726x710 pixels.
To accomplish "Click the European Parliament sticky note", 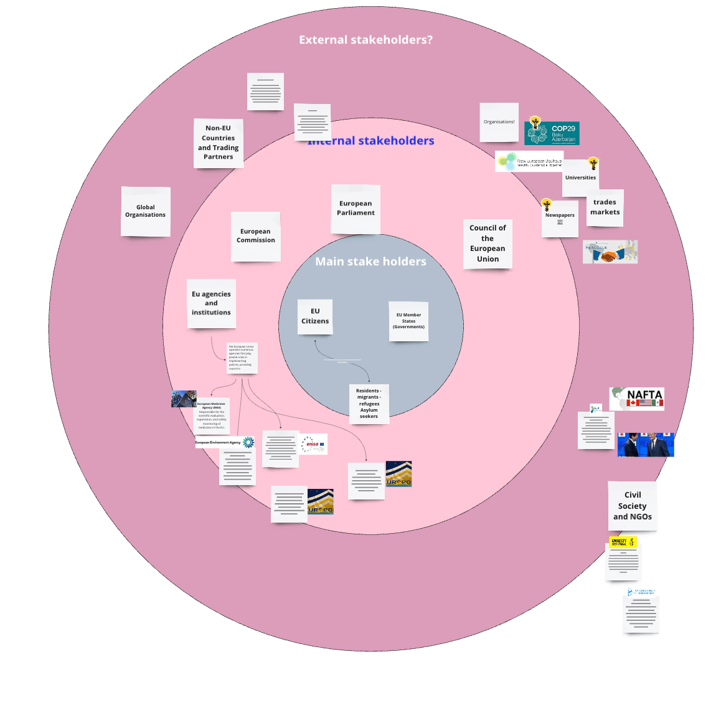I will (x=356, y=209).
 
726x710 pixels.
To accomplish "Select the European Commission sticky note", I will (x=255, y=236).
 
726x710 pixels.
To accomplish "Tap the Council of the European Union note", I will (x=488, y=244).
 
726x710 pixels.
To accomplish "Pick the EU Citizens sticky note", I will (x=315, y=316).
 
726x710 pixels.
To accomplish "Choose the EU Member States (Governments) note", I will (x=408, y=321).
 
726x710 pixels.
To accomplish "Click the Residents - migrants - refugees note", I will (x=369, y=404).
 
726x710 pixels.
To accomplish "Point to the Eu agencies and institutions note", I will (x=211, y=303).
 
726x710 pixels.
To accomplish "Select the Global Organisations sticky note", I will (x=145, y=211).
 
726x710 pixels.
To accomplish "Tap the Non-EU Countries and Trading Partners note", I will (x=218, y=143).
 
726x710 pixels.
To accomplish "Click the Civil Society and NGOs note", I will (x=632, y=506).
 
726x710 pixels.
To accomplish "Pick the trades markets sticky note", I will (x=605, y=207).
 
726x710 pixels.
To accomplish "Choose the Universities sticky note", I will (x=580, y=178).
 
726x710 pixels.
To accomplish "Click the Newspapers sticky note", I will (x=560, y=218).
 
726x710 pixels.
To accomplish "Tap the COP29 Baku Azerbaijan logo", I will (x=552, y=133).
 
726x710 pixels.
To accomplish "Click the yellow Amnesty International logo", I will (x=623, y=542).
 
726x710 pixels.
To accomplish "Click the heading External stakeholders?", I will (x=365, y=40).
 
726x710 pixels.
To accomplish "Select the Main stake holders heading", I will (x=370, y=262).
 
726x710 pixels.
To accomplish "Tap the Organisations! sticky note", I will (x=499, y=122).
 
